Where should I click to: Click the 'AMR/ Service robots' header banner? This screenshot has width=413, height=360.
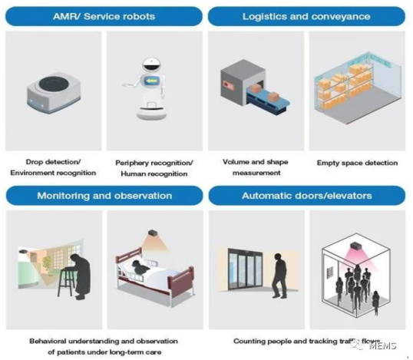(x=104, y=16)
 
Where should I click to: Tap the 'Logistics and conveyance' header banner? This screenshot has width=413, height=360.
(x=306, y=16)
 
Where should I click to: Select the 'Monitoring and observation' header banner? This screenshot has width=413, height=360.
(x=104, y=196)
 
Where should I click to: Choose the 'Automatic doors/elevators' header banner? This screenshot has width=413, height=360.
(x=307, y=196)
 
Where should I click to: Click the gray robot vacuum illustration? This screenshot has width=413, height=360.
(x=54, y=92)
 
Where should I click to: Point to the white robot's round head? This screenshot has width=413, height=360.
(x=151, y=64)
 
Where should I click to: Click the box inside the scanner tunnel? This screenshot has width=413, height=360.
(x=255, y=88)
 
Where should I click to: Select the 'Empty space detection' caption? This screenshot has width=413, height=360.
(x=357, y=163)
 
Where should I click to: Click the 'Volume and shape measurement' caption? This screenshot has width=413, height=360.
(x=256, y=167)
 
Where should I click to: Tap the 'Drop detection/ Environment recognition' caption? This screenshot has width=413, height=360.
(x=53, y=167)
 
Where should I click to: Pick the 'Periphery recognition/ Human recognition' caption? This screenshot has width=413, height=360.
(x=154, y=168)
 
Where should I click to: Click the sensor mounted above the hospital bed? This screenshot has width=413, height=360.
(x=153, y=233)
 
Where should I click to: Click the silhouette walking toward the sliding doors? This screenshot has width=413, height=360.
(x=279, y=276)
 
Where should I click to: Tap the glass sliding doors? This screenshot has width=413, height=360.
(x=245, y=269)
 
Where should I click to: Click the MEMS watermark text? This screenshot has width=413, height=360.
(x=383, y=345)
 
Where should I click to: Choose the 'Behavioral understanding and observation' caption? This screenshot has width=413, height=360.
(x=104, y=342)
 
